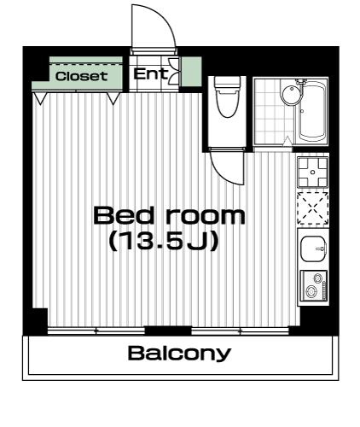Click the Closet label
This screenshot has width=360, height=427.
[x=81, y=76]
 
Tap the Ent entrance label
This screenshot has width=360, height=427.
[x=150, y=74]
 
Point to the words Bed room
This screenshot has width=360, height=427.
[x=169, y=215]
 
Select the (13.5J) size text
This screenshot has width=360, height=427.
[x=164, y=241]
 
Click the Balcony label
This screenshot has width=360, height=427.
[x=179, y=353]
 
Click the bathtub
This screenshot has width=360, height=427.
[x=311, y=111]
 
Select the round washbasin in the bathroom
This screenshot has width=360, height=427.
[x=291, y=92]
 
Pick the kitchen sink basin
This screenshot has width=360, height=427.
[x=313, y=249]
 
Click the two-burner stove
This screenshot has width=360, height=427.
[x=314, y=285]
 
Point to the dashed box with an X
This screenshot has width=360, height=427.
[x=313, y=208]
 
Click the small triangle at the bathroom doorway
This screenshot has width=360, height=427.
[x=287, y=142]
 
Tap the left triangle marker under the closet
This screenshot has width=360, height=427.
[x=40, y=98]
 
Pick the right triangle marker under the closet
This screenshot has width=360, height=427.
[x=113, y=98]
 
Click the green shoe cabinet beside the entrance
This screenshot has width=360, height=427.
[x=191, y=72]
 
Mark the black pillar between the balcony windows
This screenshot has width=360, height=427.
[x=168, y=330]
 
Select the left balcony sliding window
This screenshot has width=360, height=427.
[x=96, y=330]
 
